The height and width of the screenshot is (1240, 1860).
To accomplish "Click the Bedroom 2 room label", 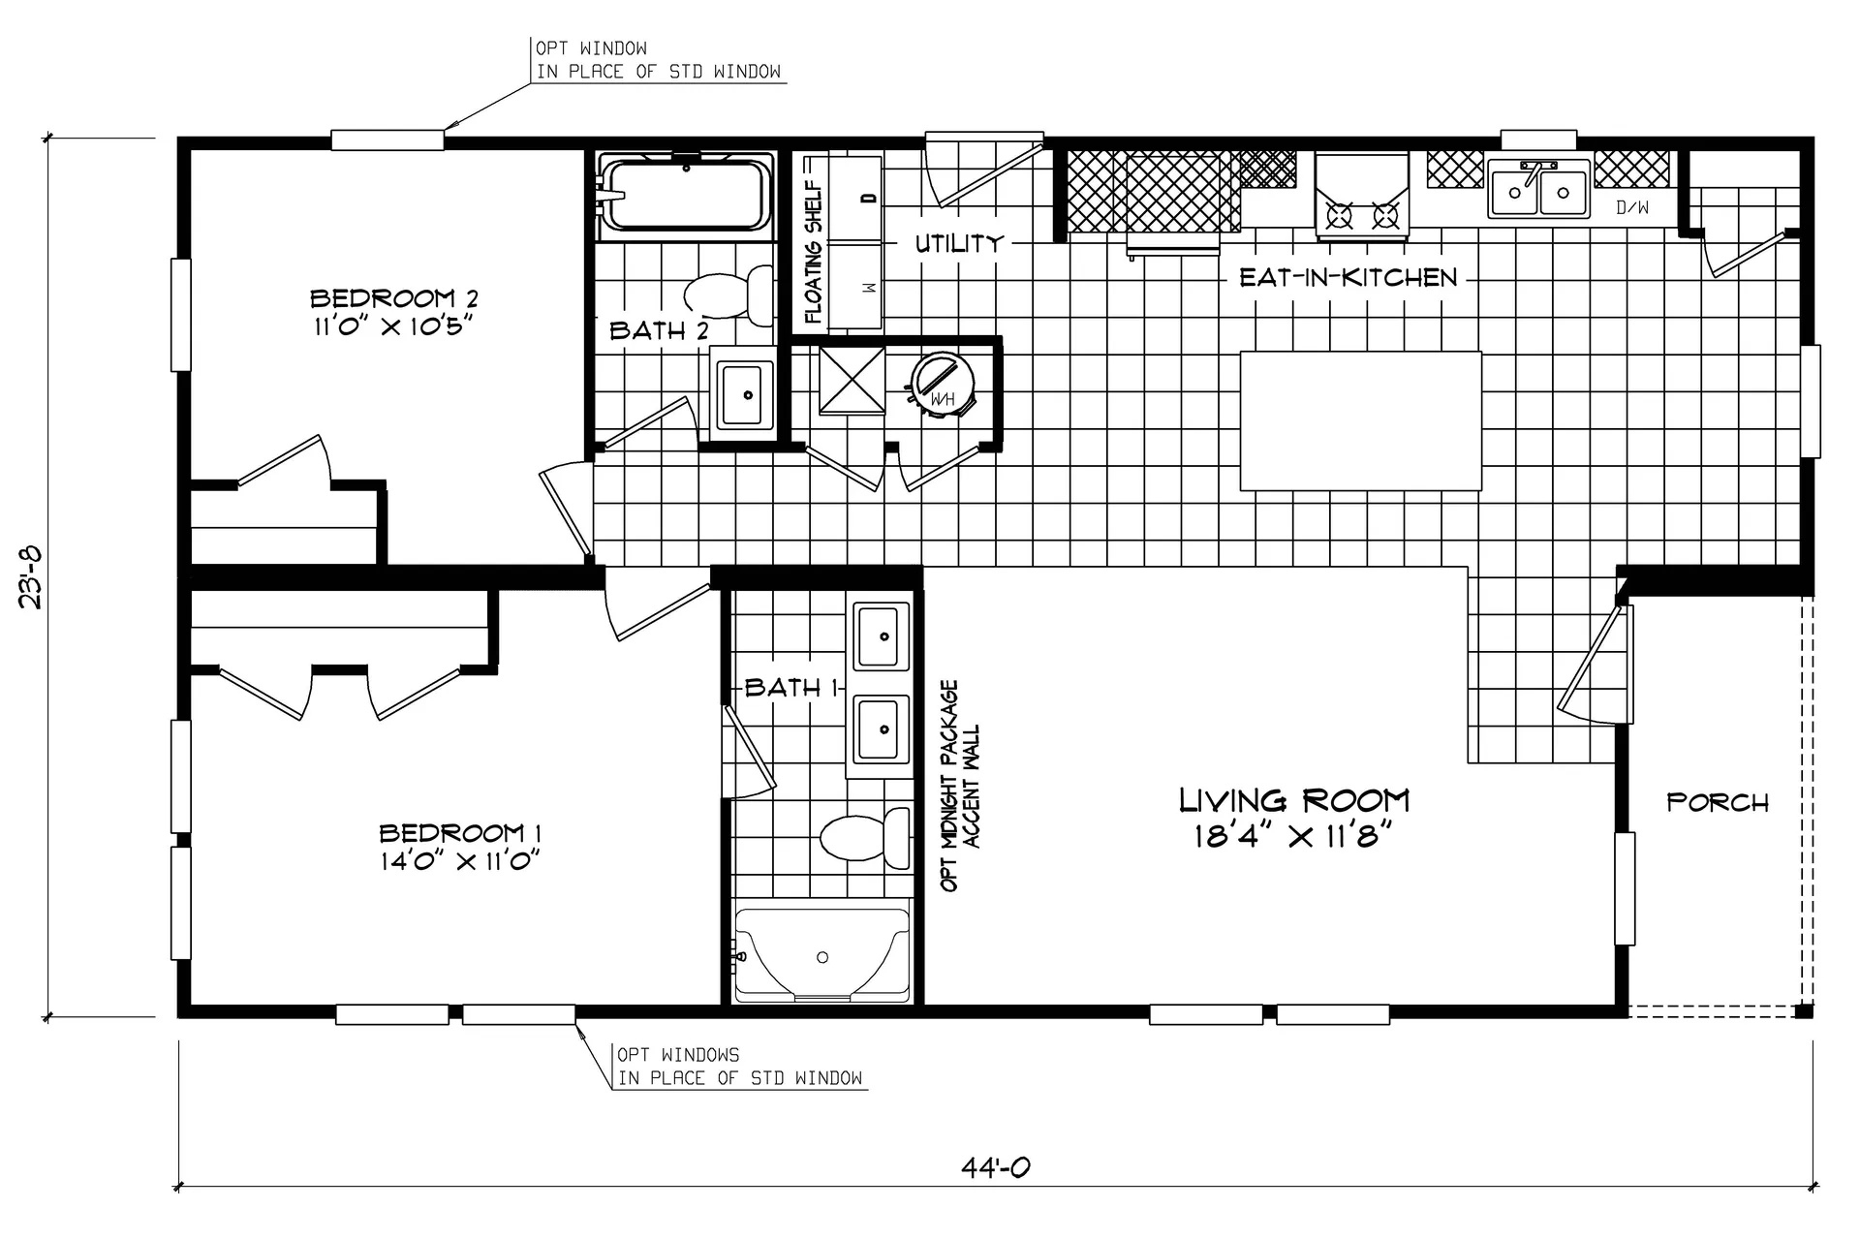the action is pos(393,297).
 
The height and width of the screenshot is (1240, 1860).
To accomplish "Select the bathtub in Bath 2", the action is pos(686,196).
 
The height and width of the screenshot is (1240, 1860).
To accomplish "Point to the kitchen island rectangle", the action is pos(1361,420).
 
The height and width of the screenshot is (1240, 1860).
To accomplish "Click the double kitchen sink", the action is pos(1538,190).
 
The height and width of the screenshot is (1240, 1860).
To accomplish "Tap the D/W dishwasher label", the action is pos(1632,207).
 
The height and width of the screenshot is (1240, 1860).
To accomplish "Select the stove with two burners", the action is pos(1361,195).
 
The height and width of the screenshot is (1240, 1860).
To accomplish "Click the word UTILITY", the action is pos(959,243).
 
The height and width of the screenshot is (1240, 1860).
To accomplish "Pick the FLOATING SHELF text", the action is pos(813,254).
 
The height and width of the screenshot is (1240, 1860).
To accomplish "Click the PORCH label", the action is pos(1718,802).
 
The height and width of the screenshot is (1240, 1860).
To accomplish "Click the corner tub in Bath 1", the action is pos(821,953).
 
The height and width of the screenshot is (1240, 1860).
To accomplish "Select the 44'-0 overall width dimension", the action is pos(995,1167).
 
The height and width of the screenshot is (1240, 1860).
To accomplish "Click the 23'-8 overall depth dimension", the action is pos(31,577).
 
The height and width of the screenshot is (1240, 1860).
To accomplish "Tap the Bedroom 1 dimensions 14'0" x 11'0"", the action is pos(459,860).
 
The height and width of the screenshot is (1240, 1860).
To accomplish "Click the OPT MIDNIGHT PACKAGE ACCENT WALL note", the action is pos(960,786).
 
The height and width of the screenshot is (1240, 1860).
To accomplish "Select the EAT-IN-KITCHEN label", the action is pos(1348,278).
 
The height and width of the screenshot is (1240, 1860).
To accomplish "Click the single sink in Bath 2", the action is pos(744,394).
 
